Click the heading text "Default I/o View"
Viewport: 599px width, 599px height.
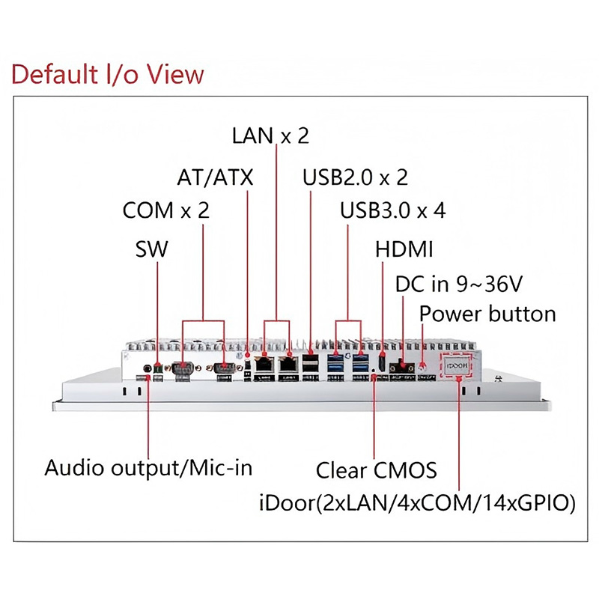[108, 74]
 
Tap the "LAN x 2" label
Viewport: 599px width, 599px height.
[270, 136]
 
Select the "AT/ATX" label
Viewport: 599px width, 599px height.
[216, 178]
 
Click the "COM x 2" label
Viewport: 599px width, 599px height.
[165, 211]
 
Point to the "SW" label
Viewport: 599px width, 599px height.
[152, 249]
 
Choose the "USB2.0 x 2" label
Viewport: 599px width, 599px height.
[355, 178]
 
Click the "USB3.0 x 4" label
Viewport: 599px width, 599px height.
[392, 211]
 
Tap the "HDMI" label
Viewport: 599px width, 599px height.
[404, 249]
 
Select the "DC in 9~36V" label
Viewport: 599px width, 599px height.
[458, 285]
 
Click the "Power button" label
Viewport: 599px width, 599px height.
[487, 314]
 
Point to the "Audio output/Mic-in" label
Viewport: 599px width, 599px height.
[148, 469]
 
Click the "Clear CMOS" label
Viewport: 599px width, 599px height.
[376, 471]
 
